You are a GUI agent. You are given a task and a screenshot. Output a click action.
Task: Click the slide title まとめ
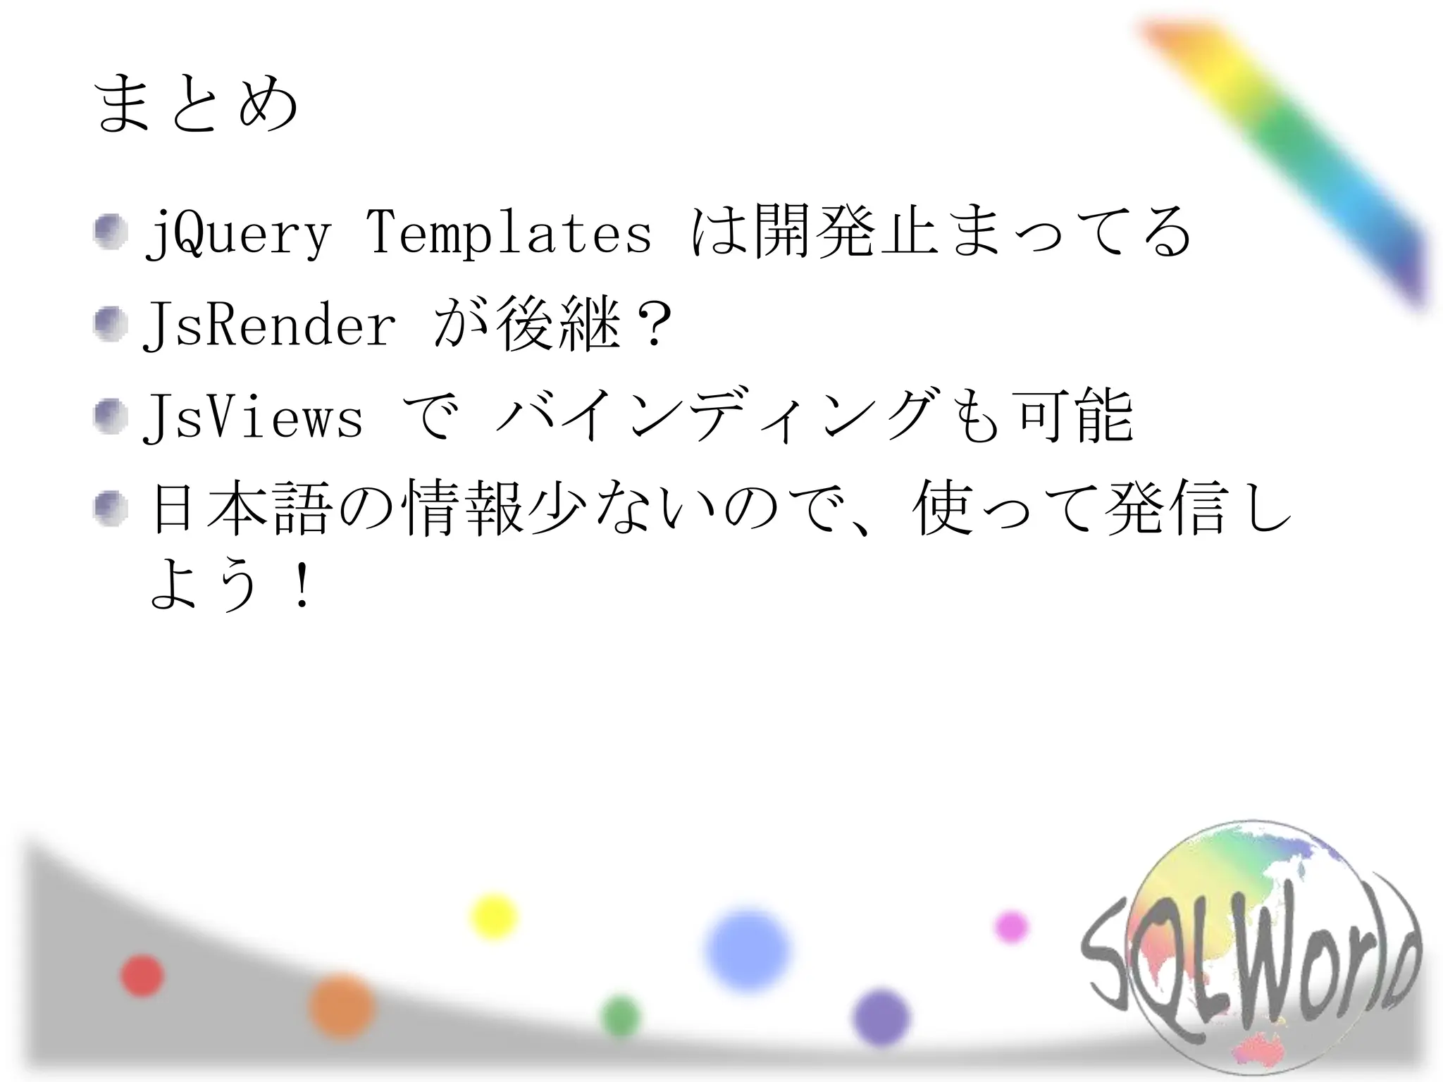coord(195,104)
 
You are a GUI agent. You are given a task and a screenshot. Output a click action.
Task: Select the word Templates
coord(509,232)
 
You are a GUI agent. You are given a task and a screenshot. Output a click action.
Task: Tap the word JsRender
coord(269,325)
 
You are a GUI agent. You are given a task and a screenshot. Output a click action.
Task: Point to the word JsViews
coord(253,417)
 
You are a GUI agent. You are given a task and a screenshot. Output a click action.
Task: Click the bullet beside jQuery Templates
coord(111,232)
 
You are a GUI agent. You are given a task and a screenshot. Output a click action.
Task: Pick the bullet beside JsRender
coord(111,325)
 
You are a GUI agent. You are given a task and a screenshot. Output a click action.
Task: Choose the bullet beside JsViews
coord(111,417)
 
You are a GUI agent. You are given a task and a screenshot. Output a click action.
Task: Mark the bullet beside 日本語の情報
coord(111,509)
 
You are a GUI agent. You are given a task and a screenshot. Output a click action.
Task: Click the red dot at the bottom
coord(142,976)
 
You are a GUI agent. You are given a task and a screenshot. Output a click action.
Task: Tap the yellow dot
coord(494,916)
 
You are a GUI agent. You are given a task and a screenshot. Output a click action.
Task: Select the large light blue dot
coord(748,950)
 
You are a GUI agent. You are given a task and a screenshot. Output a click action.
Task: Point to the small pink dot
coord(1011,927)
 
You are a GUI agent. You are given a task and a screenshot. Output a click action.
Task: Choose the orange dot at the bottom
coord(342,1006)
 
